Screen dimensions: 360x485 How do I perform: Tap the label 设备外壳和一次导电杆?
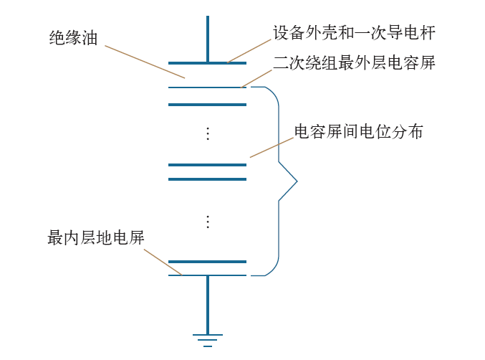354,33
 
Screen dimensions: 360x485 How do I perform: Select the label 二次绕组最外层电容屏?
354,63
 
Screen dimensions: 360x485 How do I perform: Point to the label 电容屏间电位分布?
359,132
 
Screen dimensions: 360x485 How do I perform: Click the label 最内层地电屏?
96,238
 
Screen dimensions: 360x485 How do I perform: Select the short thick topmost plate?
208,63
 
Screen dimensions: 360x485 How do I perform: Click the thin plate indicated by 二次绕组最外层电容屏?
208,87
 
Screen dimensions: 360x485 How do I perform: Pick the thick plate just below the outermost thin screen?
208,105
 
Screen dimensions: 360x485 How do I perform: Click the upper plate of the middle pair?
208,165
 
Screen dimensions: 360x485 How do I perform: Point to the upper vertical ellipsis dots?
208,133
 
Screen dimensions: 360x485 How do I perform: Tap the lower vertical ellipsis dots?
208,222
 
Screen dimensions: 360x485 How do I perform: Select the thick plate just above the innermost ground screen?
208,262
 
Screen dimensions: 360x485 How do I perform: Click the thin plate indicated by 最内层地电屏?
208,275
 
